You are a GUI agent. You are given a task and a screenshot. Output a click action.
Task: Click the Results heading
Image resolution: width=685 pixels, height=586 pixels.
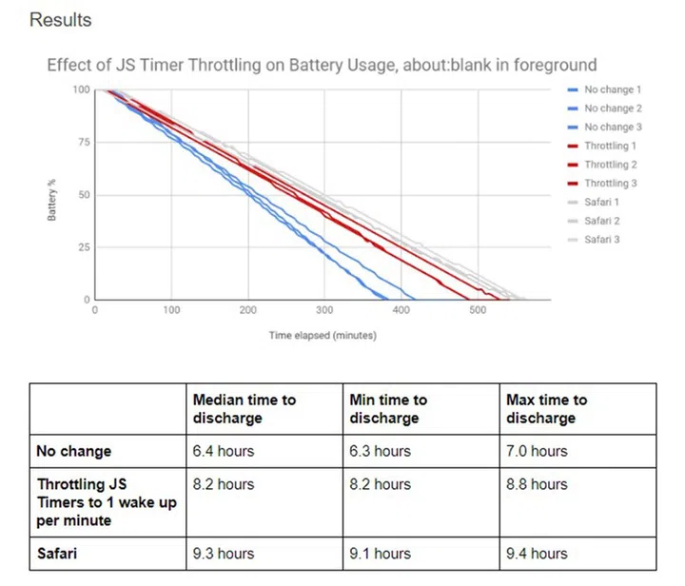pos(61,19)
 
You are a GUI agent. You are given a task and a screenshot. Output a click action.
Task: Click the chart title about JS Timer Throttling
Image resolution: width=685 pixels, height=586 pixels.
pos(322,66)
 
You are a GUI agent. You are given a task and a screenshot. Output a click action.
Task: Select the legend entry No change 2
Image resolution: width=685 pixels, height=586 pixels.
pos(613,108)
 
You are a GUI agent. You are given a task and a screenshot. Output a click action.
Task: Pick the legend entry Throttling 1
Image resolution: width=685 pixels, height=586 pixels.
pos(611,146)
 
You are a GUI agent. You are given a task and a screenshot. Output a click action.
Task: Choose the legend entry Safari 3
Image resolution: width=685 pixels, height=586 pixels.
pos(602,239)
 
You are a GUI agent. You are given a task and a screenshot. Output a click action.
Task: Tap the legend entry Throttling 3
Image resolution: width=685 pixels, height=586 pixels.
pos(611,183)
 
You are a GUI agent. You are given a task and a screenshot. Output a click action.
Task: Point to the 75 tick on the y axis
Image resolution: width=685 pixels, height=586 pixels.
pos(83,143)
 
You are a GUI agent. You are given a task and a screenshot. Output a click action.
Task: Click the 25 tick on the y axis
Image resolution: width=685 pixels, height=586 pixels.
pos(83,247)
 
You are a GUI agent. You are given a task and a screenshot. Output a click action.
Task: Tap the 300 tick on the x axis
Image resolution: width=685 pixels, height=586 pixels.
pos(324,310)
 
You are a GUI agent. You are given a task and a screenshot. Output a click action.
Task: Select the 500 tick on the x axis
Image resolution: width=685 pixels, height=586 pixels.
pos(478,310)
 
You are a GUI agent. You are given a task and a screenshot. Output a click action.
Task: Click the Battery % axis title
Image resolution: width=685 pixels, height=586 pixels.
pos(53,195)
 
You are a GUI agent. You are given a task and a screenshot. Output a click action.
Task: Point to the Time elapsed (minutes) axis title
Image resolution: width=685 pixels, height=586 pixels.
pos(323,335)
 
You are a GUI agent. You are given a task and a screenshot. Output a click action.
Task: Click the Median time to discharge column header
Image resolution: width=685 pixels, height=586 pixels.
pos(245,409)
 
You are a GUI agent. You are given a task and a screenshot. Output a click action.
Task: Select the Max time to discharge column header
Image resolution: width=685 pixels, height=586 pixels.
pos(546,409)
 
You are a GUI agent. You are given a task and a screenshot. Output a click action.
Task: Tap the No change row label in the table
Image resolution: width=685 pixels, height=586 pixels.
pos(73,451)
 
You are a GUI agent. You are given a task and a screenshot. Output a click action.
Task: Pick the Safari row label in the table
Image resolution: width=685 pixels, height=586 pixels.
pos(57,553)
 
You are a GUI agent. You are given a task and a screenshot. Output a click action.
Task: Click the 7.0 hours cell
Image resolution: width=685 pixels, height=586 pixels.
pos(537,451)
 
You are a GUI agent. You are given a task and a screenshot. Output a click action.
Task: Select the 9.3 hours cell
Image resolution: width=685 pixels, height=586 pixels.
pos(224,553)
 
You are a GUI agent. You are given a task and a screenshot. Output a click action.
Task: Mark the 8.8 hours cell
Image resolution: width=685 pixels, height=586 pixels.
pos(537,484)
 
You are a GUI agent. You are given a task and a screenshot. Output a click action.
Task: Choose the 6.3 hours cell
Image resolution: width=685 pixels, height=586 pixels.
pos(381,451)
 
